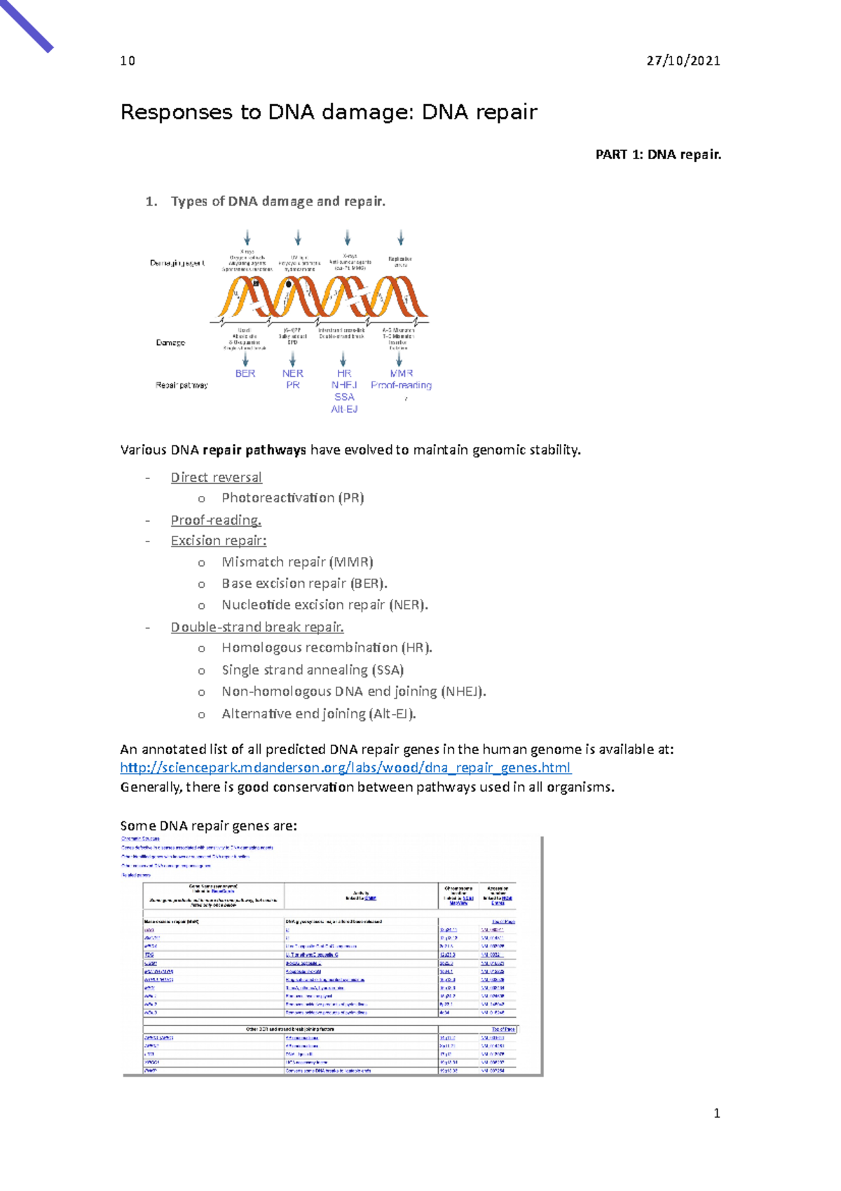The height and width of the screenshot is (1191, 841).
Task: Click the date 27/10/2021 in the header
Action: pyautogui.click(x=683, y=61)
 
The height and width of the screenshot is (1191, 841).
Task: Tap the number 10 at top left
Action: pyautogui.click(x=128, y=61)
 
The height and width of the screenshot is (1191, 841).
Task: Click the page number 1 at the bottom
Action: pyautogui.click(x=716, y=1113)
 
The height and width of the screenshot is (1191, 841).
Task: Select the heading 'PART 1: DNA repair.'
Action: pyautogui.click(x=657, y=155)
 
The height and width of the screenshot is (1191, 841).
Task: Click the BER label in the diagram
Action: pyautogui.click(x=245, y=374)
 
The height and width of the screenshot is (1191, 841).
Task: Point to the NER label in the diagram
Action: pyautogui.click(x=292, y=374)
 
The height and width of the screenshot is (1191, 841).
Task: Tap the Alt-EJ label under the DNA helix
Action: pyautogui.click(x=344, y=409)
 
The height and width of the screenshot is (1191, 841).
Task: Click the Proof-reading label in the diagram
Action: pyautogui.click(x=401, y=385)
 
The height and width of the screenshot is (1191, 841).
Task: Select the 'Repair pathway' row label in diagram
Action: pyautogui.click(x=182, y=385)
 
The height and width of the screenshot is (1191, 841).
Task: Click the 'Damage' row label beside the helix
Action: pyautogui.click(x=170, y=343)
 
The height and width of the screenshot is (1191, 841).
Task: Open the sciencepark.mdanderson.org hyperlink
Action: pyautogui.click(x=345, y=768)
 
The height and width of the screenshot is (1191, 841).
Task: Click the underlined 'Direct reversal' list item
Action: pyautogui.click(x=216, y=478)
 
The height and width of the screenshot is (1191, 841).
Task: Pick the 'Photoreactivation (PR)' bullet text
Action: pyautogui.click(x=292, y=498)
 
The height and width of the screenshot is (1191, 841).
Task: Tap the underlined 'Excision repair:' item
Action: pyautogui.click(x=218, y=541)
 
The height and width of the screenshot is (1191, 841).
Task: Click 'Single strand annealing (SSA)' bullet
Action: pyautogui.click(x=312, y=670)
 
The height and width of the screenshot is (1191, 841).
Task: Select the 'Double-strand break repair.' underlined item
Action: pyautogui.click(x=257, y=627)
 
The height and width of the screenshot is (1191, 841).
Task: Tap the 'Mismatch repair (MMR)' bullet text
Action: pyautogui.click(x=296, y=562)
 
